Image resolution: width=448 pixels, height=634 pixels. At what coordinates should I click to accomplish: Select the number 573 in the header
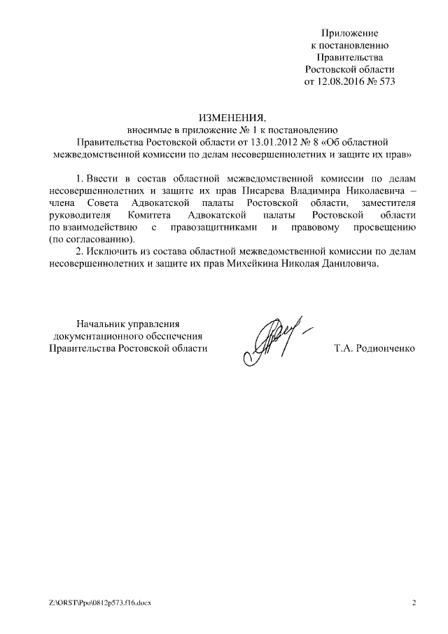pos(386,82)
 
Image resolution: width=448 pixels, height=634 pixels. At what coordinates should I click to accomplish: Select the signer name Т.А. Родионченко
pos(375,348)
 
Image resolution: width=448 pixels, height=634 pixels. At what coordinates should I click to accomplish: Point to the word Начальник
pos(102,323)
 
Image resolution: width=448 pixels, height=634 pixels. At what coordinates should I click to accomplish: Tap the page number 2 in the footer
pos(414,602)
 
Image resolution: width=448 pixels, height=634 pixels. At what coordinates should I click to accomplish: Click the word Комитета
pos(150,214)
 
